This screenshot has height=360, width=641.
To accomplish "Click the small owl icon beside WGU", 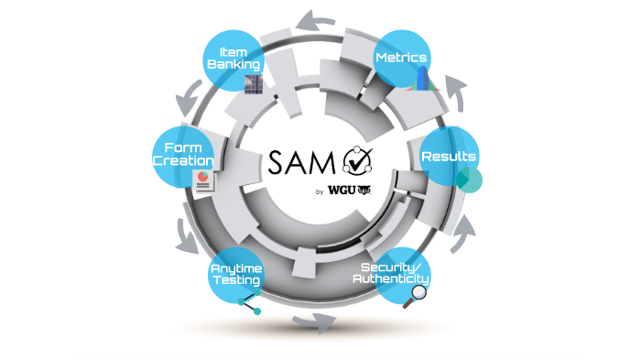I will click(x=363, y=191).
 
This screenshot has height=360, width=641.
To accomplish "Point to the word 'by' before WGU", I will click(x=320, y=192).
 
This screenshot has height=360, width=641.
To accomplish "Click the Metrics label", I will click(x=401, y=58).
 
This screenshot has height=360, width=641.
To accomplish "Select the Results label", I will click(x=449, y=157).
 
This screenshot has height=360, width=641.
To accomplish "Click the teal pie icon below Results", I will click(x=469, y=179).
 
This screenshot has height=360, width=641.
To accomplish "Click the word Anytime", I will click(x=237, y=268).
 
